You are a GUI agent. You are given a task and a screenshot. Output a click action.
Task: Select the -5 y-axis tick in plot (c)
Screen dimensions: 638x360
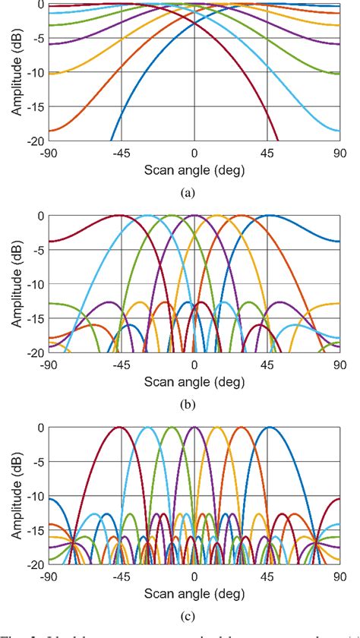(36, 462)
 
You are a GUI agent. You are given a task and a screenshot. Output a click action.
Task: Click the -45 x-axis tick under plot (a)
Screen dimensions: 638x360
(121, 153)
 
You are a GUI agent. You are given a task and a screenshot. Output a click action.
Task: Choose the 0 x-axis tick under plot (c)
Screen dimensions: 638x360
(194, 576)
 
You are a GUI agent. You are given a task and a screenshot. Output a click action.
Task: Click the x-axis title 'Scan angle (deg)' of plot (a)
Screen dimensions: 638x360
(194, 169)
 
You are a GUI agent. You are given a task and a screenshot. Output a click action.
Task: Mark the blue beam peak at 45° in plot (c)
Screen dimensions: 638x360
(268, 428)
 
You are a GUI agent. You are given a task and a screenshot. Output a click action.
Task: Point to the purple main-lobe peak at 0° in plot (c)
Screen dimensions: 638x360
(194, 428)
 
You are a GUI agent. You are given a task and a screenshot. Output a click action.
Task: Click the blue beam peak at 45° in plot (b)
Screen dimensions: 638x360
(268, 216)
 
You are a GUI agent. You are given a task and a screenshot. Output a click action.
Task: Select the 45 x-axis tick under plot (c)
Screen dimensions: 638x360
(267, 576)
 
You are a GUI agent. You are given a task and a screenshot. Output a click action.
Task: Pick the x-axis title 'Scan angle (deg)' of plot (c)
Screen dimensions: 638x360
(194, 593)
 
